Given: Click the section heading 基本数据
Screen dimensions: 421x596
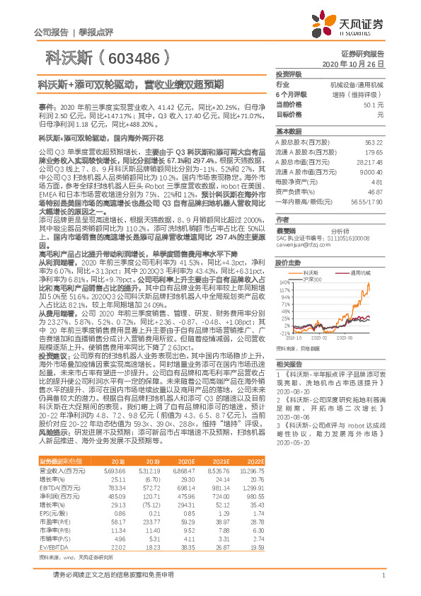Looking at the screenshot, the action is (287, 132).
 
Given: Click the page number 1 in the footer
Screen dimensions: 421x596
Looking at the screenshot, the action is (383, 575).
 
